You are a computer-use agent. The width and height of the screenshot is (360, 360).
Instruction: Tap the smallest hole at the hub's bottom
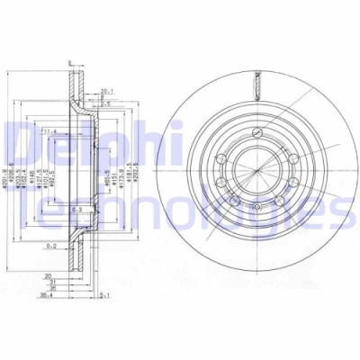coord(258,210)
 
